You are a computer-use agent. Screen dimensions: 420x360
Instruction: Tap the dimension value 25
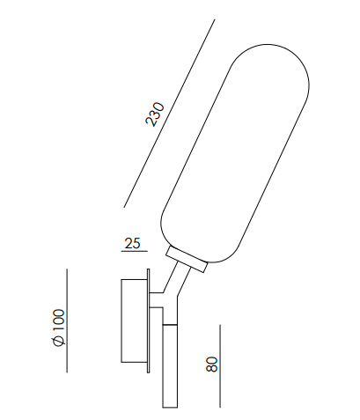[x=134, y=243]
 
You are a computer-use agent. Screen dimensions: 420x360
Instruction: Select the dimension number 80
[x=211, y=364]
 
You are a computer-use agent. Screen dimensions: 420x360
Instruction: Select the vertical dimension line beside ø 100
[x=68, y=321]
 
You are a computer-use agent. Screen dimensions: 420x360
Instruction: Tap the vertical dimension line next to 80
[x=219, y=365]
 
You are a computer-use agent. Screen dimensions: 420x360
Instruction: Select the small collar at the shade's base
[x=187, y=260]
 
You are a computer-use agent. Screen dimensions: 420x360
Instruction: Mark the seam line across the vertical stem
[x=169, y=324]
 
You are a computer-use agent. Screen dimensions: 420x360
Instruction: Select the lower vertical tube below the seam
[x=169, y=365]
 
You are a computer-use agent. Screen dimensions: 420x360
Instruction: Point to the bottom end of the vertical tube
[x=169, y=406]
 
